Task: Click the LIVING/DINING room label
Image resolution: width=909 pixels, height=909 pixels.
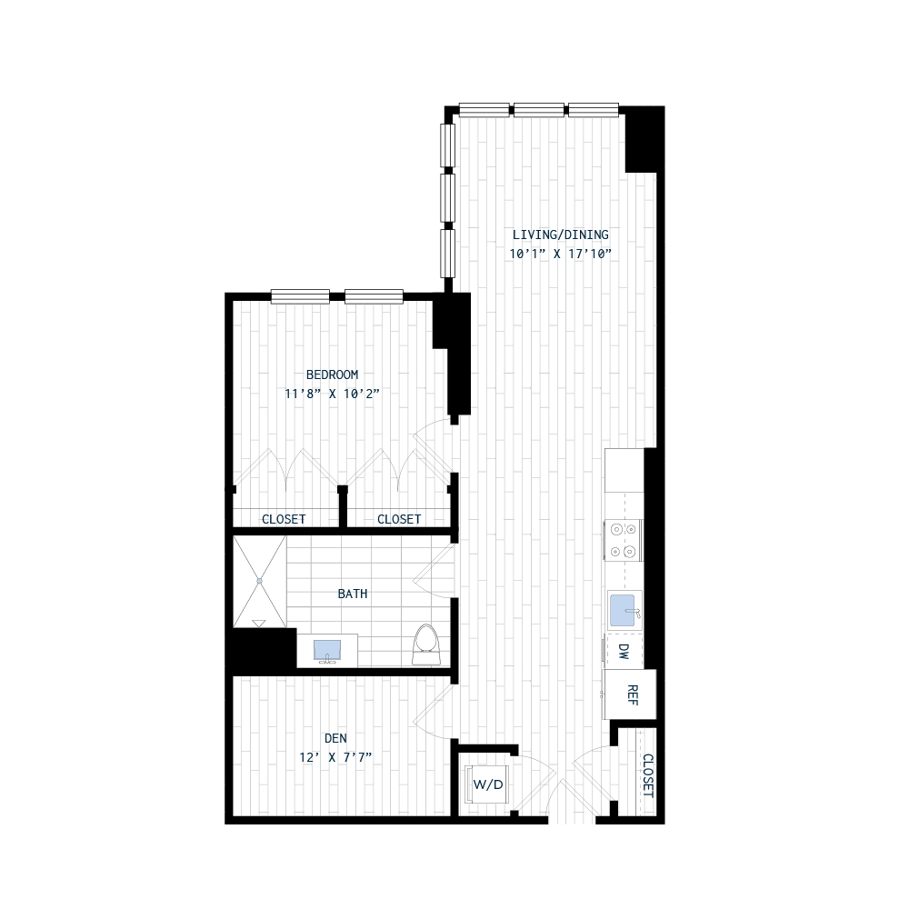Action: (560, 235)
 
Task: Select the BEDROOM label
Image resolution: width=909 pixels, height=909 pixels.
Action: (332, 375)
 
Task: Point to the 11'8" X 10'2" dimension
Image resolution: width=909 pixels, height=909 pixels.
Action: (332, 394)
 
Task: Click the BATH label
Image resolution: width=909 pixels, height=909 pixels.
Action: (353, 594)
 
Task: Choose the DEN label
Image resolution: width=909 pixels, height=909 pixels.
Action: (336, 738)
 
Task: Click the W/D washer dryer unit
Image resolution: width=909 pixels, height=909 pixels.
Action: (485, 784)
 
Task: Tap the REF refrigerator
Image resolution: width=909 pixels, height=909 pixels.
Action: (632, 694)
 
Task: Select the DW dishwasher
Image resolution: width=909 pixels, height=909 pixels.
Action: (624, 652)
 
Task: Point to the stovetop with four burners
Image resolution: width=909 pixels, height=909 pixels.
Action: (624, 540)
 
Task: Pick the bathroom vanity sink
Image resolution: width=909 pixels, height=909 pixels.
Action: (327, 651)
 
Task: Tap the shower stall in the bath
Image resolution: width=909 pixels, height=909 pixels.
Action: (259, 581)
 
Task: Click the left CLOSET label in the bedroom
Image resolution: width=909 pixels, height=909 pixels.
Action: (284, 519)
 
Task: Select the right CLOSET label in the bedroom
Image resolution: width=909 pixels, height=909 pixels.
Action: (399, 519)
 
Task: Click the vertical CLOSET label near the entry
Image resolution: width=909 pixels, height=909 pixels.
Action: (647, 774)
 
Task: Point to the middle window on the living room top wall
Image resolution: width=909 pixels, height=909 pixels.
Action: (539, 110)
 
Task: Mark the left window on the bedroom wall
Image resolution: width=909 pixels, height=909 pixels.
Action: (300, 295)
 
